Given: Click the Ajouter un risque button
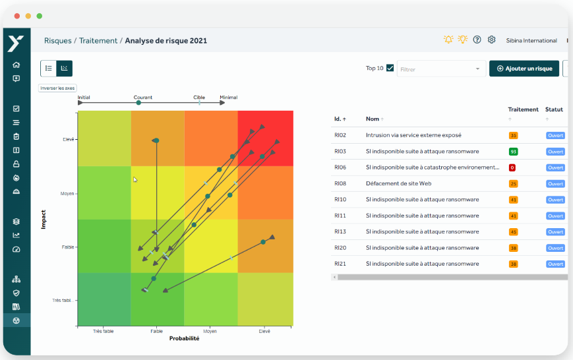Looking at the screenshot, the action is [x=524, y=69].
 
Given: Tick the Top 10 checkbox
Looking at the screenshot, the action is [x=390, y=68].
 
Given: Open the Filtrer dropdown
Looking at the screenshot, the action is [x=441, y=69].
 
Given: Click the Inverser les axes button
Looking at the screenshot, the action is [x=57, y=88].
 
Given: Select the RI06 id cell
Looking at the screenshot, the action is [x=340, y=167].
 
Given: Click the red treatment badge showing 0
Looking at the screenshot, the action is [x=512, y=167].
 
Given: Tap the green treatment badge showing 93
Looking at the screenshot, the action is [x=513, y=152].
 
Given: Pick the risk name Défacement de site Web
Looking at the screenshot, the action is [x=399, y=183].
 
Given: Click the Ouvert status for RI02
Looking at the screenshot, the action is [x=555, y=136].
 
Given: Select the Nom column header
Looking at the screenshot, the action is [x=373, y=119].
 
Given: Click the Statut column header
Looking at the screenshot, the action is [x=554, y=109].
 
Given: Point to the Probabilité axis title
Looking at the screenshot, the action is [x=184, y=338].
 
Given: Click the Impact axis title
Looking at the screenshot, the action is [x=44, y=220].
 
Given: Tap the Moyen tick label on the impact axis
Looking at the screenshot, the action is [x=67, y=194].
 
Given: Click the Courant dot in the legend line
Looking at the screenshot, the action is [x=138, y=103].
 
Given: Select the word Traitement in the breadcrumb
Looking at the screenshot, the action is [x=98, y=41].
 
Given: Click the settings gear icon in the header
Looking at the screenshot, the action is [x=491, y=40].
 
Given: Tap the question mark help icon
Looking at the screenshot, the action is [x=477, y=40].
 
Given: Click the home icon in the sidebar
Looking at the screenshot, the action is [x=16, y=65].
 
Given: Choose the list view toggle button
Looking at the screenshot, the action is [x=49, y=69].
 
